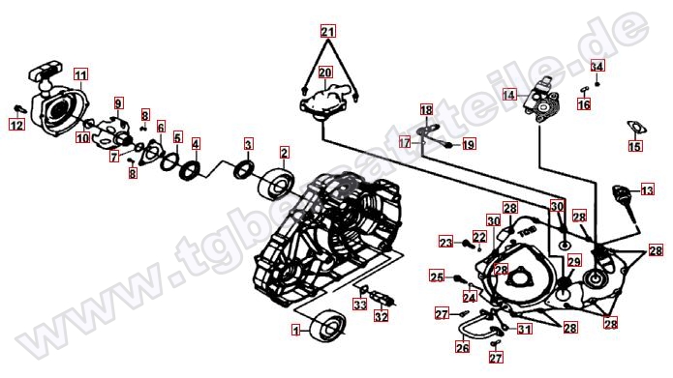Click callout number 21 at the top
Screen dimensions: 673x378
pos(328,32)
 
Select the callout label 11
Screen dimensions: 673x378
pos(80,75)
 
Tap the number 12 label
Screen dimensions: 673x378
pos(17,125)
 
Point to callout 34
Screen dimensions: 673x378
pos(597,67)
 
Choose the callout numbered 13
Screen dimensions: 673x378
pos(647,189)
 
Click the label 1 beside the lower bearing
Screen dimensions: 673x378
pos(296,330)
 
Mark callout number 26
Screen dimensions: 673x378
pos(462,347)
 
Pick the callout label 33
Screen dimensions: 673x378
pos(360,305)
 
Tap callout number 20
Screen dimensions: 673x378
pos(325,73)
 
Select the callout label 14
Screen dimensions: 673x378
pos(509,95)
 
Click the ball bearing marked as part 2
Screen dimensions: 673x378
pos(277,185)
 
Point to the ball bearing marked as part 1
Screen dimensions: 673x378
pos(328,325)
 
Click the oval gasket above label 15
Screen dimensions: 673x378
pos(636,128)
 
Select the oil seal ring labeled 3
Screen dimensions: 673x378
pos(244,169)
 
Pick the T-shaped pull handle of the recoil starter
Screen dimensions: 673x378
pos(46,72)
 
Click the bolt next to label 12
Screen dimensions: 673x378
pos(20,109)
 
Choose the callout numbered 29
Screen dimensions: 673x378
pos(574,261)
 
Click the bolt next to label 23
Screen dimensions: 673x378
pos(468,244)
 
